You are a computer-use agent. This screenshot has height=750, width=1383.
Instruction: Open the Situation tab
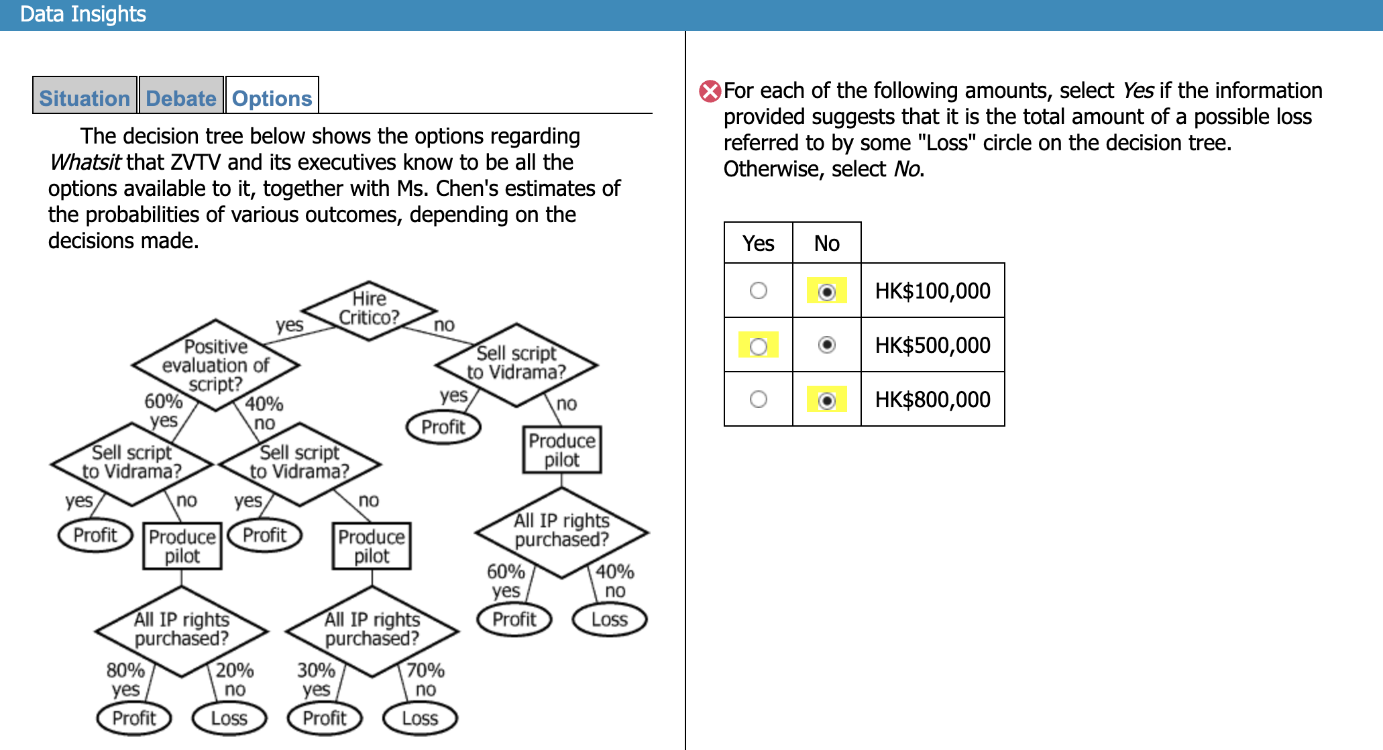coord(85,98)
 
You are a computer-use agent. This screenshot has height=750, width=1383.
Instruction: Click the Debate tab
coord(181,98)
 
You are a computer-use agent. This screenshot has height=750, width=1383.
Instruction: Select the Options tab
coord(272,98)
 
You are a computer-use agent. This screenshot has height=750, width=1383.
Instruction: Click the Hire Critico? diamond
coord(369,309)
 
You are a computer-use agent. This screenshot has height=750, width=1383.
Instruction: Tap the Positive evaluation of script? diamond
coord(215,365)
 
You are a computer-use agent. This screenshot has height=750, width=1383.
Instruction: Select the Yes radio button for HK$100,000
coord(759,290)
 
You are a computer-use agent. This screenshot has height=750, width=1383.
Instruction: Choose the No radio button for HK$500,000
coord(827,345)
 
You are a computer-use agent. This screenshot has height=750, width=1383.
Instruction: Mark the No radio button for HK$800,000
coord(827,400)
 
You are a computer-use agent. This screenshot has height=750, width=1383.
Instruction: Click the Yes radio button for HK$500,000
coord(759,346)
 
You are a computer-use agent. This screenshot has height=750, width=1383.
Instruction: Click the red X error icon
coord(710,91)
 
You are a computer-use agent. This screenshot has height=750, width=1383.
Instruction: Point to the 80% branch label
coord(125,670)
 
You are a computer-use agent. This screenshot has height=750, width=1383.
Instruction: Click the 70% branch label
coord(426,670)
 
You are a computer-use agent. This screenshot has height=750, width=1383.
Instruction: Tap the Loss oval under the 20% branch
coord(229,718)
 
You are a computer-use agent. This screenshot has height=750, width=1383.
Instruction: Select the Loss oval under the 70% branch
coord(420,718)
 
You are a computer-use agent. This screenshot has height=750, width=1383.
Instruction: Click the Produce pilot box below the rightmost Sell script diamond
coord(562,450)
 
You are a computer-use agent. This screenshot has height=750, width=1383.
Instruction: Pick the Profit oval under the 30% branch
coord(325,718)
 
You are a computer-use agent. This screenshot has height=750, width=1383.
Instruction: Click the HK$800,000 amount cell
coord(932,400)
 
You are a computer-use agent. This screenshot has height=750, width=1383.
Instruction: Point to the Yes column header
coord(759,243)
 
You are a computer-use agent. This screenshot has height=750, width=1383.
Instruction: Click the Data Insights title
coord(83,14)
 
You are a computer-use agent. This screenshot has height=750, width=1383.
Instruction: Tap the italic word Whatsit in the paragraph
coord(85,162)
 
